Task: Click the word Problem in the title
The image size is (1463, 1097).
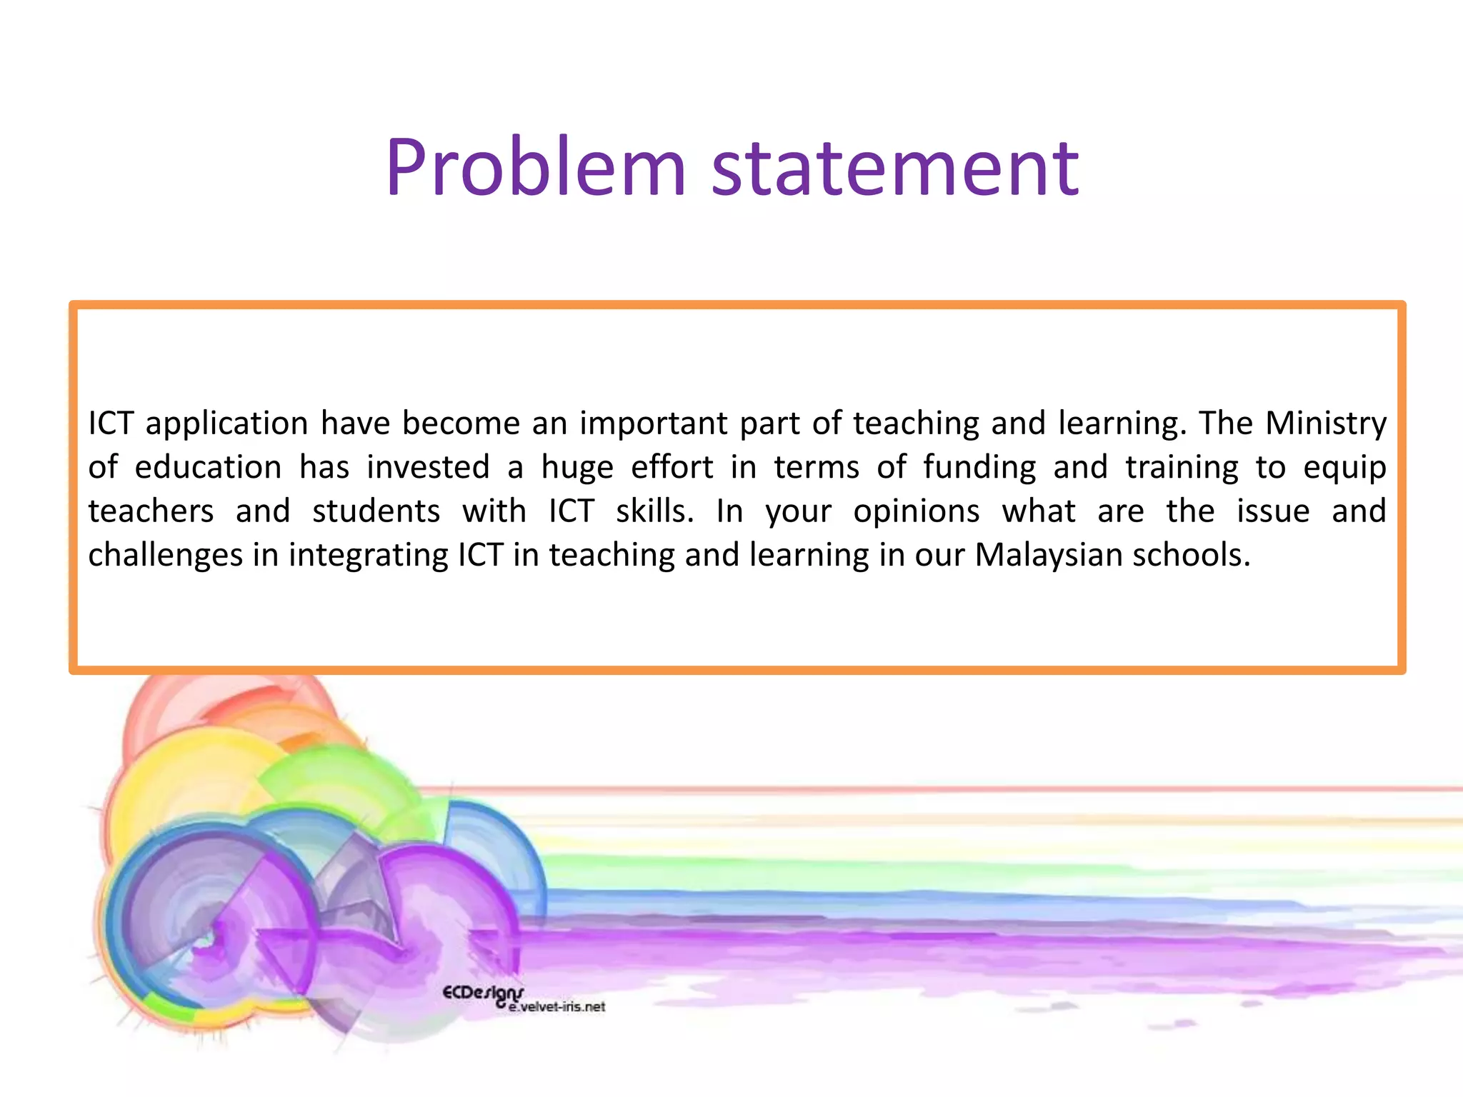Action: [536, 168]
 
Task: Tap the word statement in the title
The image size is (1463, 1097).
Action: [895, 168]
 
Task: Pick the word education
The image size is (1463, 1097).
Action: [208, 467]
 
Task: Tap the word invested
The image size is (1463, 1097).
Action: [428, 467]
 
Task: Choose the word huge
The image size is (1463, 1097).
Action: [577, 469]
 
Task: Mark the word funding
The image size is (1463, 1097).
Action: [979, 469]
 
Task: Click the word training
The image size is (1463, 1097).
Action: [1182, 469]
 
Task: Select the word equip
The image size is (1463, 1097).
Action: [1344, 469]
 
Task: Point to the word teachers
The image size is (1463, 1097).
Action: [151, 511]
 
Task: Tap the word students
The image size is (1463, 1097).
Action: [376, 511]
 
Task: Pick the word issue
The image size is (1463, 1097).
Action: [1274, 511]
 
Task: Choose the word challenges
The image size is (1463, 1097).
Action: [165, 556]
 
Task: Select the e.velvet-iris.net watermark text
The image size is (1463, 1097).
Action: [557, 1007]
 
